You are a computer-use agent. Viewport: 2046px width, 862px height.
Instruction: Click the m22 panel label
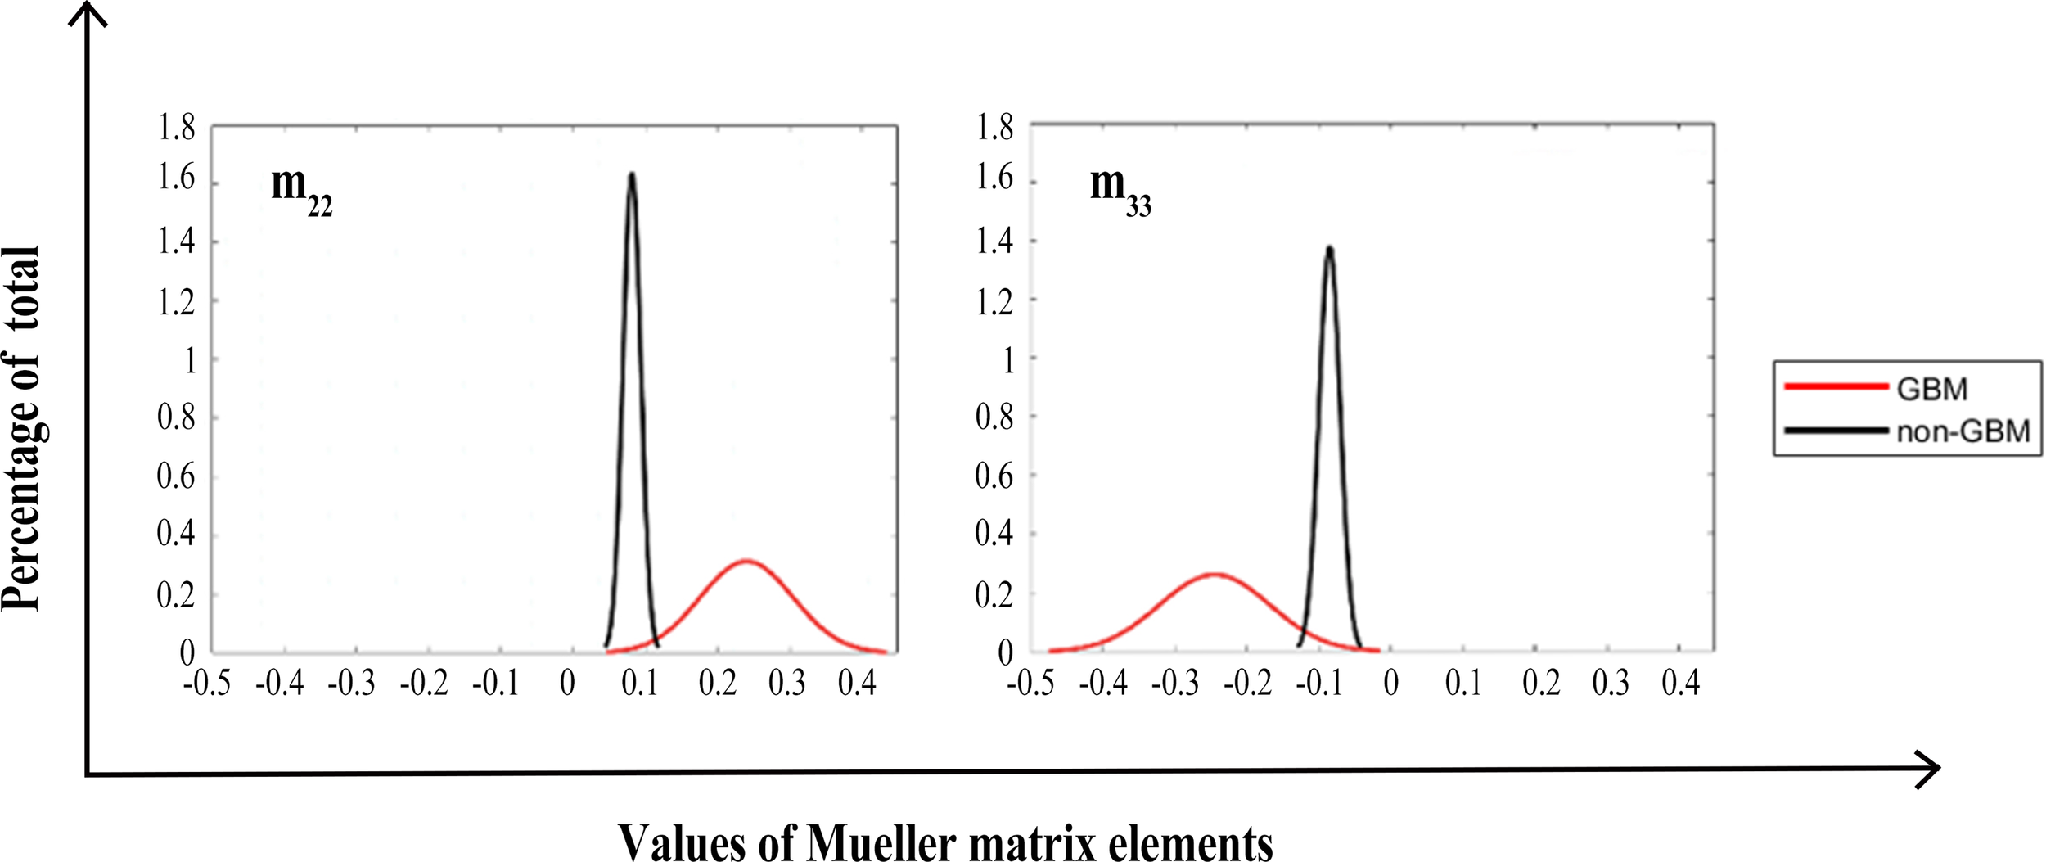301,190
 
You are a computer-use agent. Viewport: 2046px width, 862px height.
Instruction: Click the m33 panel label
1120,190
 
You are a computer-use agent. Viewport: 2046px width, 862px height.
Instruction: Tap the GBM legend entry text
1931,390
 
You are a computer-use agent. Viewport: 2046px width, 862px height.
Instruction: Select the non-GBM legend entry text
1963,431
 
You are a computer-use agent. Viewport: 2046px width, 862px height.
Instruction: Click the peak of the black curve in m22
632,174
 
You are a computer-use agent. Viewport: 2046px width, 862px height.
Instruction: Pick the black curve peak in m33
1329,248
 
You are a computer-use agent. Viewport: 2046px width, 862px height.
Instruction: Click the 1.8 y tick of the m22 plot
176,129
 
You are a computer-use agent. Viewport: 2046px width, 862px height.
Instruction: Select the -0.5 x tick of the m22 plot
206,684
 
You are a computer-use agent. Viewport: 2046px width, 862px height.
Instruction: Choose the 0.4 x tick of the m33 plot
1680,684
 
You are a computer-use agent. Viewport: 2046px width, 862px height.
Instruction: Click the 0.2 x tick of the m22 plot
717,684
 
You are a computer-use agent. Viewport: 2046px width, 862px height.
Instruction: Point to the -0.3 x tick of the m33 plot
1174,684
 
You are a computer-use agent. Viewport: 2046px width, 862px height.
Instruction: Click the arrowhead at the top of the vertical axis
88,11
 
